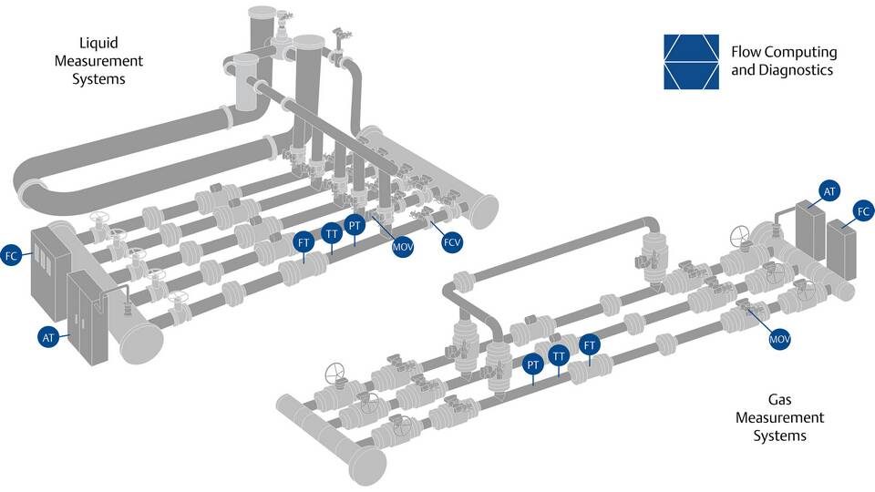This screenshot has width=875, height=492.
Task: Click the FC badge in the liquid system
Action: [x=11, y=256]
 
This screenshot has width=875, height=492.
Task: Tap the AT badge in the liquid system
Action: [x=48, y=337]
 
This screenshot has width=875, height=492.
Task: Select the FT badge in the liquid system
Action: [x=304, y=242]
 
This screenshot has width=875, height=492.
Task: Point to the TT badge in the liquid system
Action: [x=332, y=234]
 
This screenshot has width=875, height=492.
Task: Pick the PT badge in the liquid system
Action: [x=355, y=225]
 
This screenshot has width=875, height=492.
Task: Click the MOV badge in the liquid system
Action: [x=402, y=247]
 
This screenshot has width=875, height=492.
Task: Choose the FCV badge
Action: [x=452, y=242]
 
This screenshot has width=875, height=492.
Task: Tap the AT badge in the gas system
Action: [x=829, y=191]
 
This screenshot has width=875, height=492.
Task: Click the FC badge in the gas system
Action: [x=863, y=211]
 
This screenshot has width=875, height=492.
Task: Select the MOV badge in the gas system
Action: [x=779, y=339]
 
